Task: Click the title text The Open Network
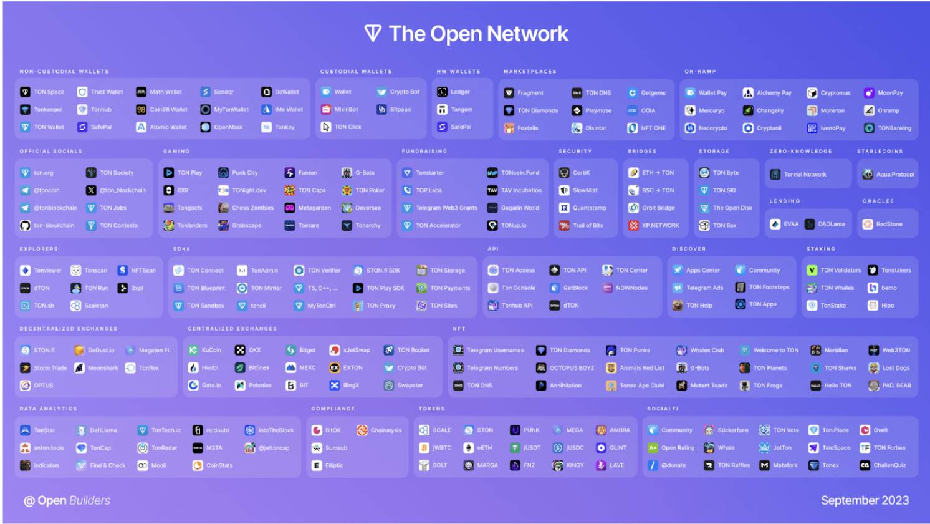coord(477,34)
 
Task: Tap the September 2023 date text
coord(865,500)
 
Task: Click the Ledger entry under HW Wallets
coord(459,92)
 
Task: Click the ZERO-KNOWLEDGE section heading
coord(800,151)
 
